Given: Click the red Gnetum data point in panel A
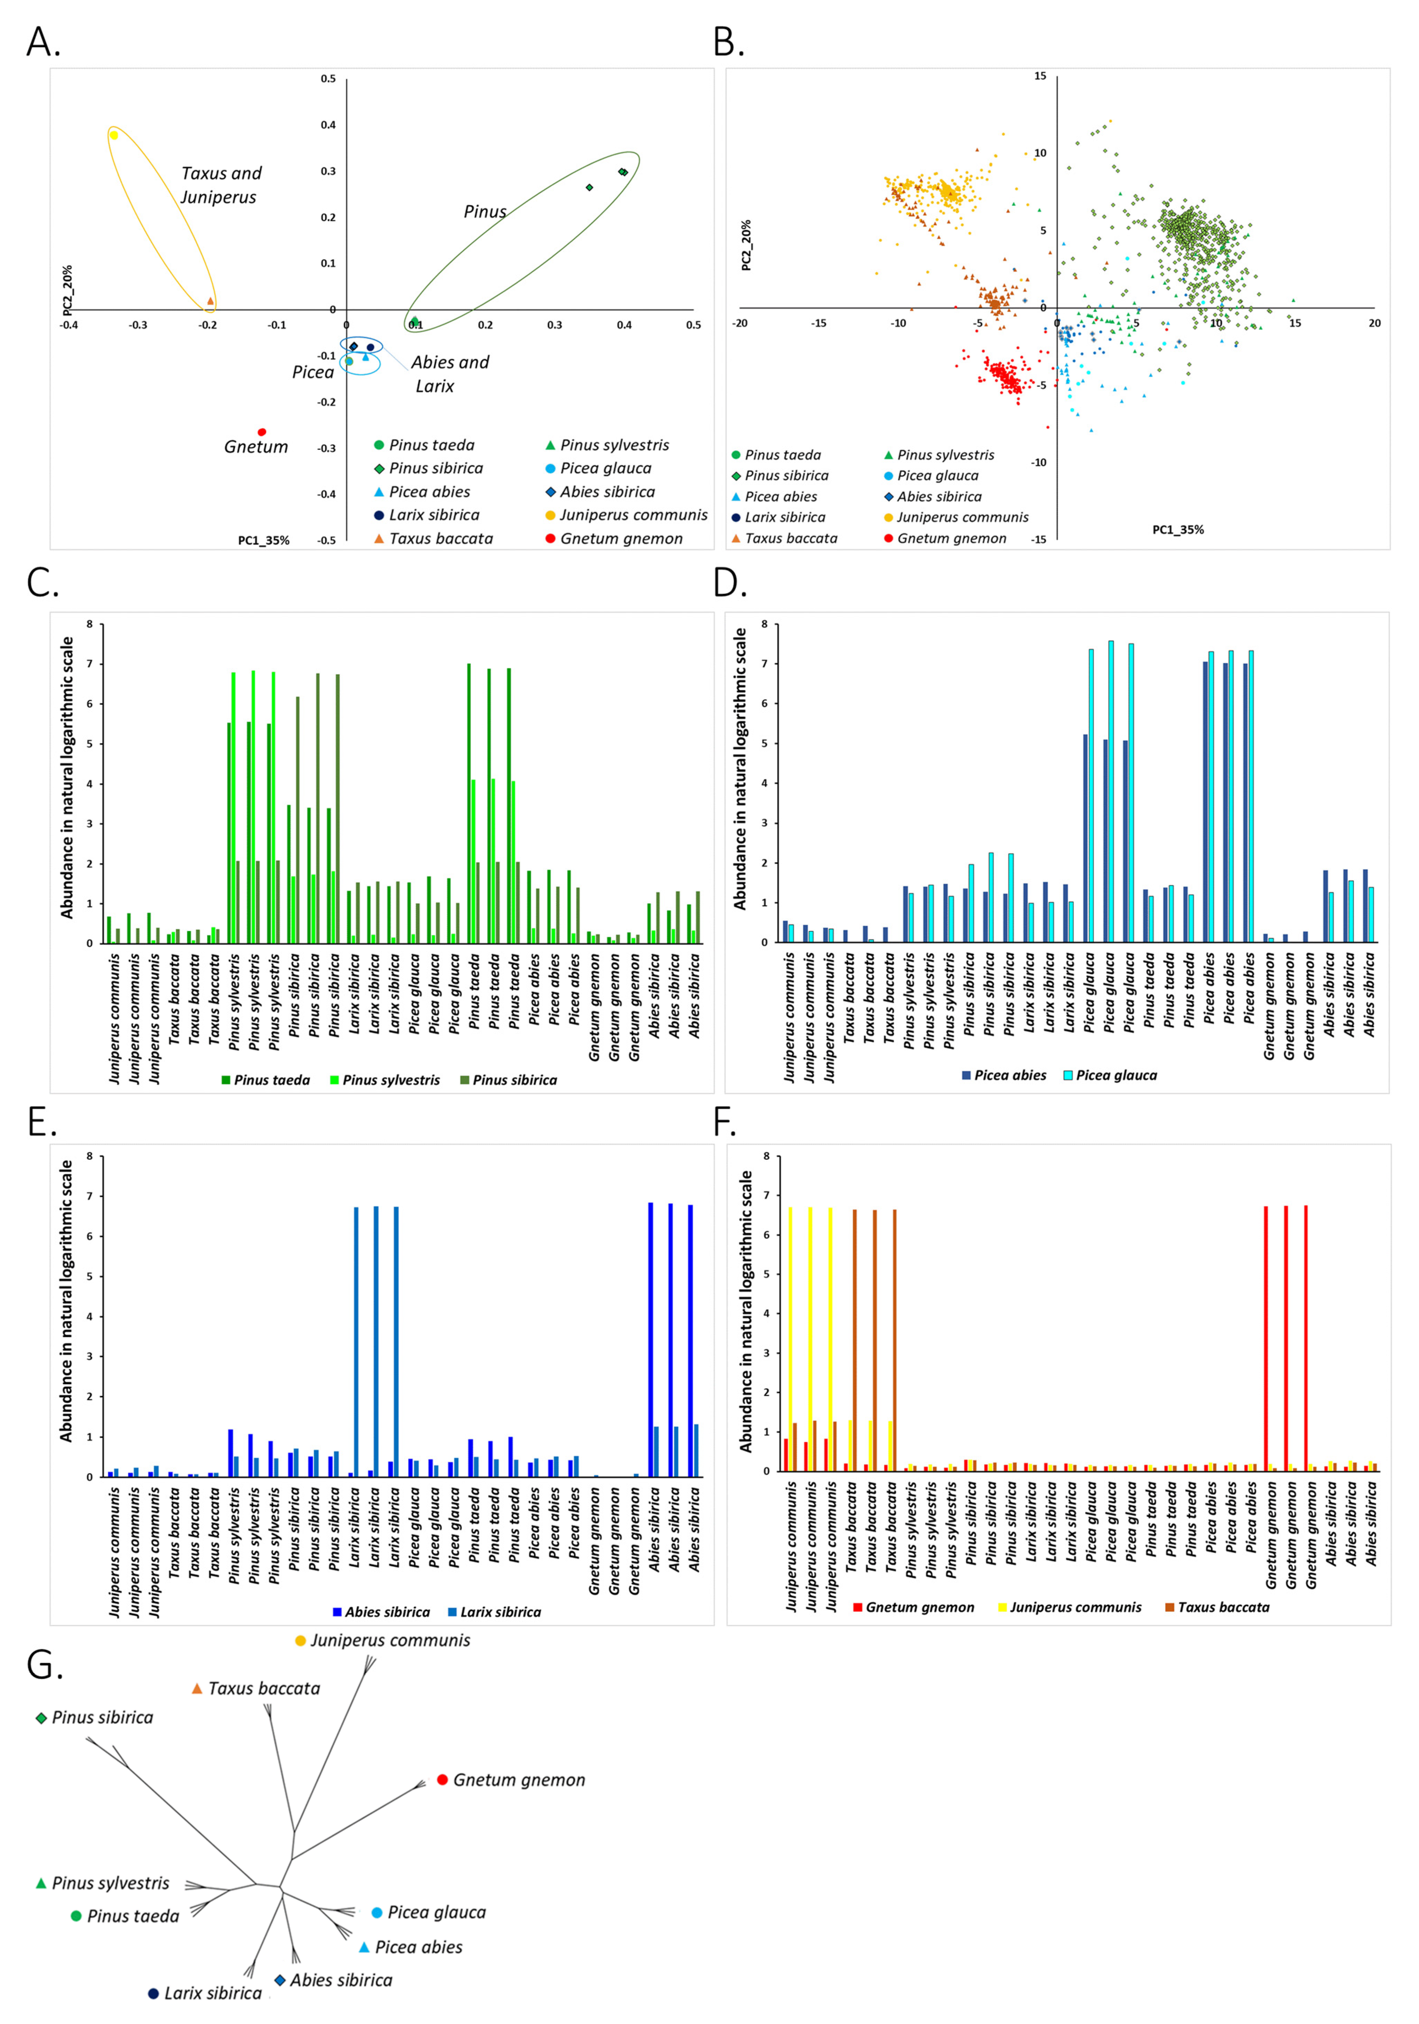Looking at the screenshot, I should [262, 432].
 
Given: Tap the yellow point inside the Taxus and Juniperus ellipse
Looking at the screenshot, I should [114, 135].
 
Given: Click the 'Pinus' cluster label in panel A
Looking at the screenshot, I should [485, 212].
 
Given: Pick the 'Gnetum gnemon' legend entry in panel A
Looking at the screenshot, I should [621, 539].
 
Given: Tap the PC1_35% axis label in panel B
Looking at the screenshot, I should [1178, 530].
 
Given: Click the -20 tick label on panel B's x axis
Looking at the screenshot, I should [740, 323].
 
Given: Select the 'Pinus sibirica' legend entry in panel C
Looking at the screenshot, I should [514, 1080].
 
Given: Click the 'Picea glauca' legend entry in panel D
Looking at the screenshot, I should [1116, 1075].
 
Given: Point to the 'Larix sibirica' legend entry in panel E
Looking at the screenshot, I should [500, 1612].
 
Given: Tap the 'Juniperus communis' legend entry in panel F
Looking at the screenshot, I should [1074, 1607].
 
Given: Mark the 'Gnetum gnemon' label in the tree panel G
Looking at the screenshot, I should [518, 1780].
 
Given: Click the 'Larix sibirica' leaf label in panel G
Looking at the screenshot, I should [212, 1993].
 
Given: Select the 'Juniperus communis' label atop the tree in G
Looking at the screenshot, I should [390, 1641].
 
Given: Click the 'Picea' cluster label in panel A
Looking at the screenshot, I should [313, 372].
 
